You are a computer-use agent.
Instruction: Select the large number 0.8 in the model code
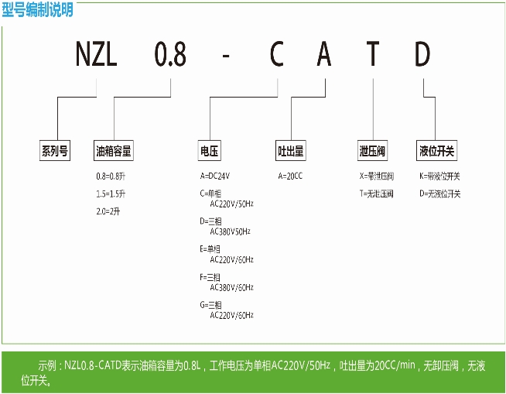point(171,56)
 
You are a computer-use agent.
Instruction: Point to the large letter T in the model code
point(373,56)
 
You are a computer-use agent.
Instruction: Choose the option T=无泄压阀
point(377,194)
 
